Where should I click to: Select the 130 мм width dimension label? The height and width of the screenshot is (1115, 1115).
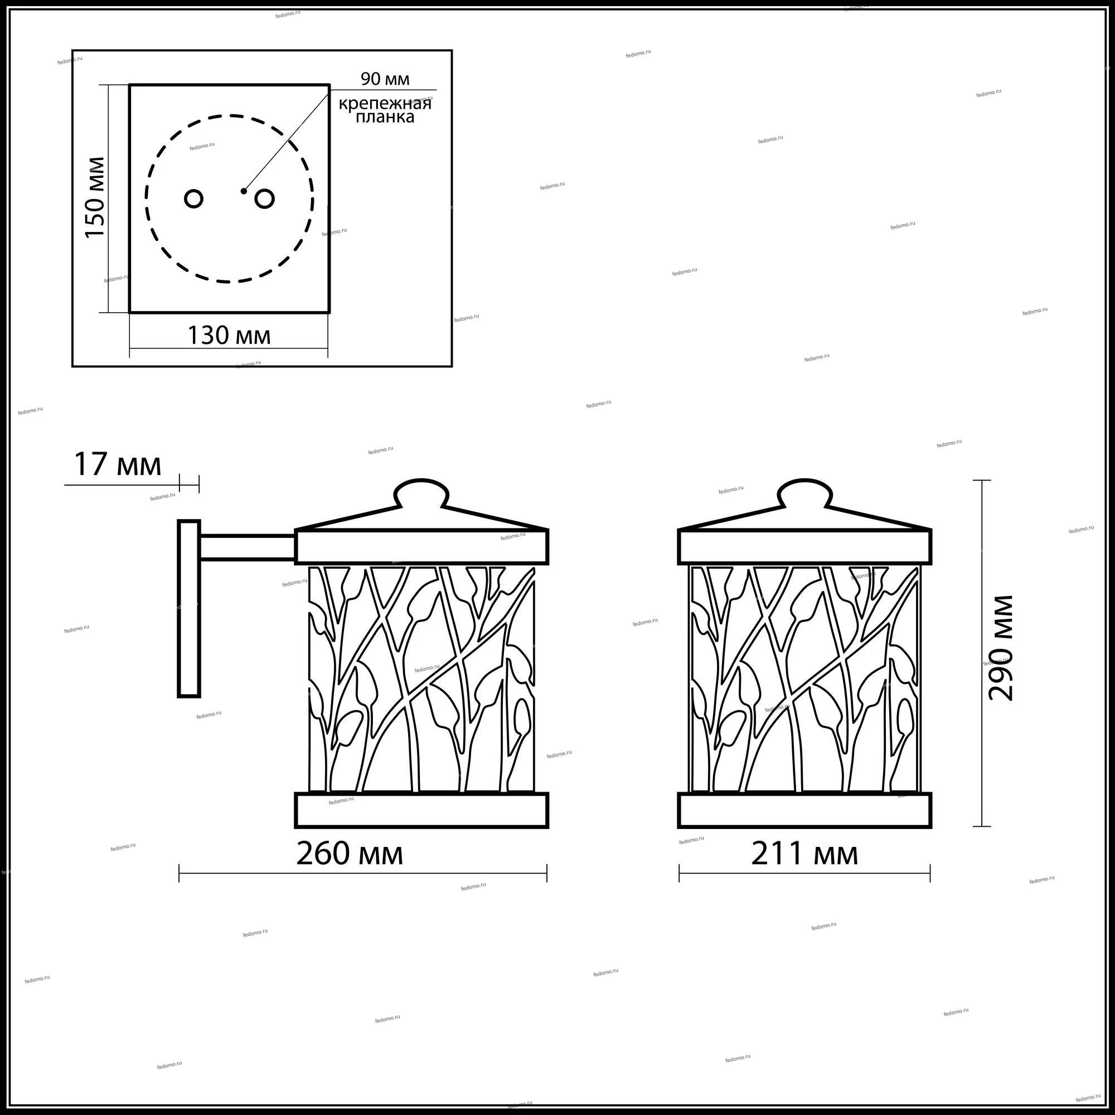229,335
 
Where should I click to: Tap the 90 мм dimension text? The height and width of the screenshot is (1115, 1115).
385,79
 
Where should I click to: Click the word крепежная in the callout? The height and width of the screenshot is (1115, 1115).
385,104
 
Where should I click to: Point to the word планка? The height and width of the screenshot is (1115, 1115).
385,117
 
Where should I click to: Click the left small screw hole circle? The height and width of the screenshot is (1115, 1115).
194,199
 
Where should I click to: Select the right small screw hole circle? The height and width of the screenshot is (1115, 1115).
264,199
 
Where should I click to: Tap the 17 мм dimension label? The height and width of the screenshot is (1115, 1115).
118,464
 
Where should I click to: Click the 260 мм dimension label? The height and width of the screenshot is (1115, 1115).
349,854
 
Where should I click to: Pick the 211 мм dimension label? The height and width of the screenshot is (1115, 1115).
804,854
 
